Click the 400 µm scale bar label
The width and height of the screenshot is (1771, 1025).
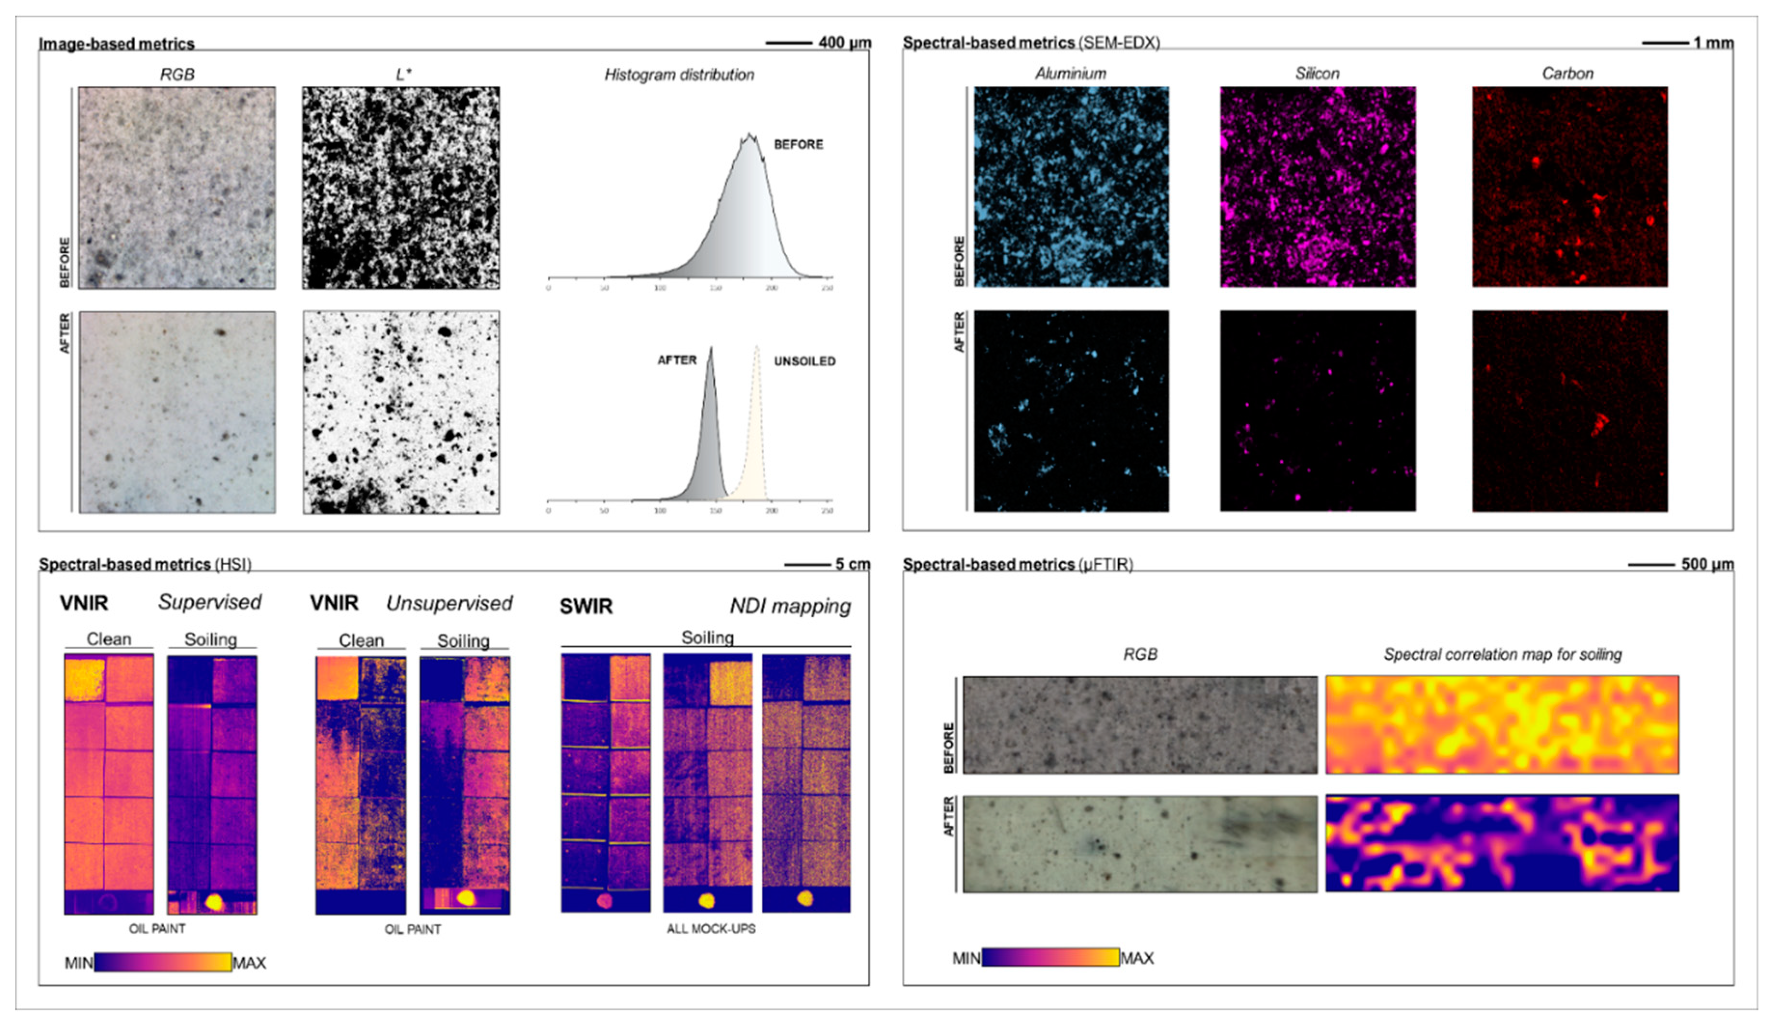pos(844,43)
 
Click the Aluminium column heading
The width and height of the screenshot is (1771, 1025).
pos(1070,73)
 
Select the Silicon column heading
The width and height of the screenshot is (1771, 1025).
pos(1317,73)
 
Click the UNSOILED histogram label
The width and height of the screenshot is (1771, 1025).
pos(804,361)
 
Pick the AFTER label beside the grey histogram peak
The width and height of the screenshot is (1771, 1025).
pos(677,360)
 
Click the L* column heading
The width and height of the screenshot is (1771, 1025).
pos(403,74)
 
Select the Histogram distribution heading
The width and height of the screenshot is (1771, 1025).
pos(679,74)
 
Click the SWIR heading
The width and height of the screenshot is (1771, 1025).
pos(586,606)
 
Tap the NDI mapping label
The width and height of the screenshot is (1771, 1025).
pos(790,606)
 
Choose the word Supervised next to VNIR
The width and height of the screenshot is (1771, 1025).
pos(209,602)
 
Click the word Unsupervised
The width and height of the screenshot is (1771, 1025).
pos(449,603)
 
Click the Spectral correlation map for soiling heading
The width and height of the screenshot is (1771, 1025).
pos(1502,654)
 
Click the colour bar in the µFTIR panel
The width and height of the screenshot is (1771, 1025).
pos(1050,957)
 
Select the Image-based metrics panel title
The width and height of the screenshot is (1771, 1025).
pos(117,43)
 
